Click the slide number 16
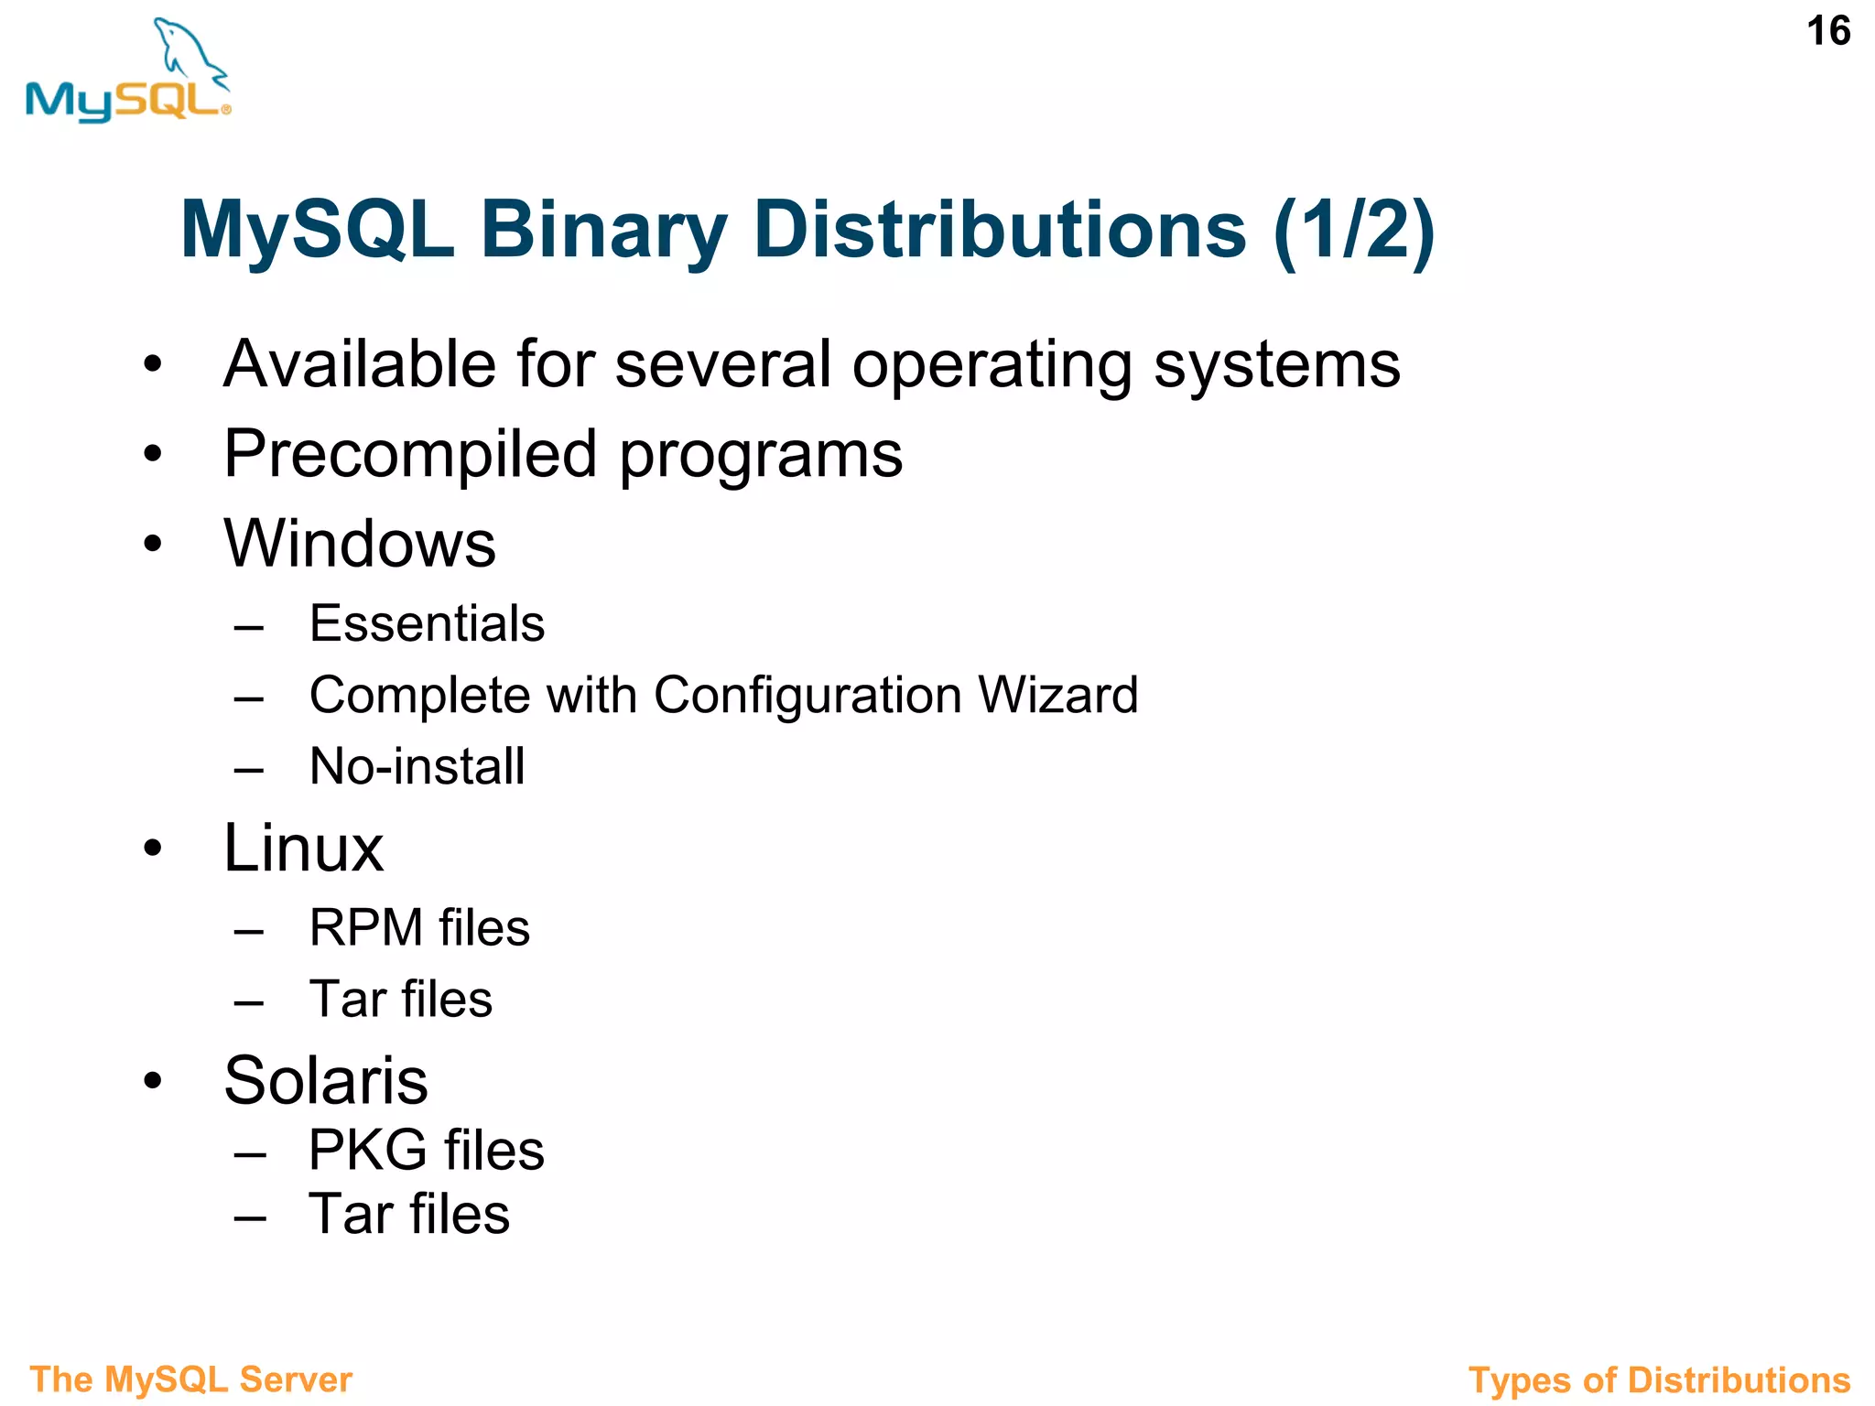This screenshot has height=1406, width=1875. [1827, 32]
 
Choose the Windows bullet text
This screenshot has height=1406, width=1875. [360, 544]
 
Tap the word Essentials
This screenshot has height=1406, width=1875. [427, 624]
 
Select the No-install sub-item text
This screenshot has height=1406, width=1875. [417, 766]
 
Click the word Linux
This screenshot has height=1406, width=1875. [303, 849]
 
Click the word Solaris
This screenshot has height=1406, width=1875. [325, 1081]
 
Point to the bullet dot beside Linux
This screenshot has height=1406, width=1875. [152, 849]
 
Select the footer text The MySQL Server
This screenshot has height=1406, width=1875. [190, 1379]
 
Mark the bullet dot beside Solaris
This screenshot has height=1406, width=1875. [152, 1081]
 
